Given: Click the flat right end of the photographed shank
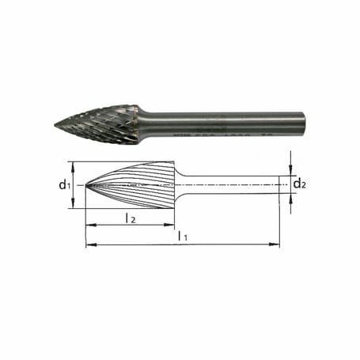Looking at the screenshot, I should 304,125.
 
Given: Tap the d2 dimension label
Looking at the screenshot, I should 298,185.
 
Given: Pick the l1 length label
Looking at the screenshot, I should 183,235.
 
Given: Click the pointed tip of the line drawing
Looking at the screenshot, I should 85,185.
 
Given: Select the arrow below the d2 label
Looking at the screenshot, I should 292,199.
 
